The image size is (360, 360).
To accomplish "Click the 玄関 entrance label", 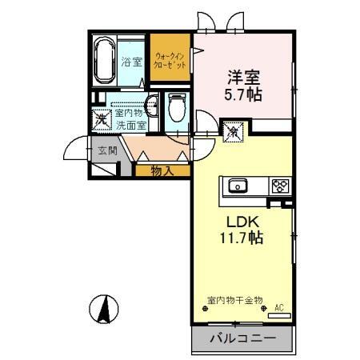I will [x=107, y=150].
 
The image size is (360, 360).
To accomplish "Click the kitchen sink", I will [x=238, y=186].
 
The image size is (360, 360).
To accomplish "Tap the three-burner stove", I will [x=279, y=186].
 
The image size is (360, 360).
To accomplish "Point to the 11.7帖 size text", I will [x=240, y=238].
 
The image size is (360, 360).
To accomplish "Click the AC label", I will [x=279, y=306].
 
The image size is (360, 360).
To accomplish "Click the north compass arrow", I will [x=104, y=309].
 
